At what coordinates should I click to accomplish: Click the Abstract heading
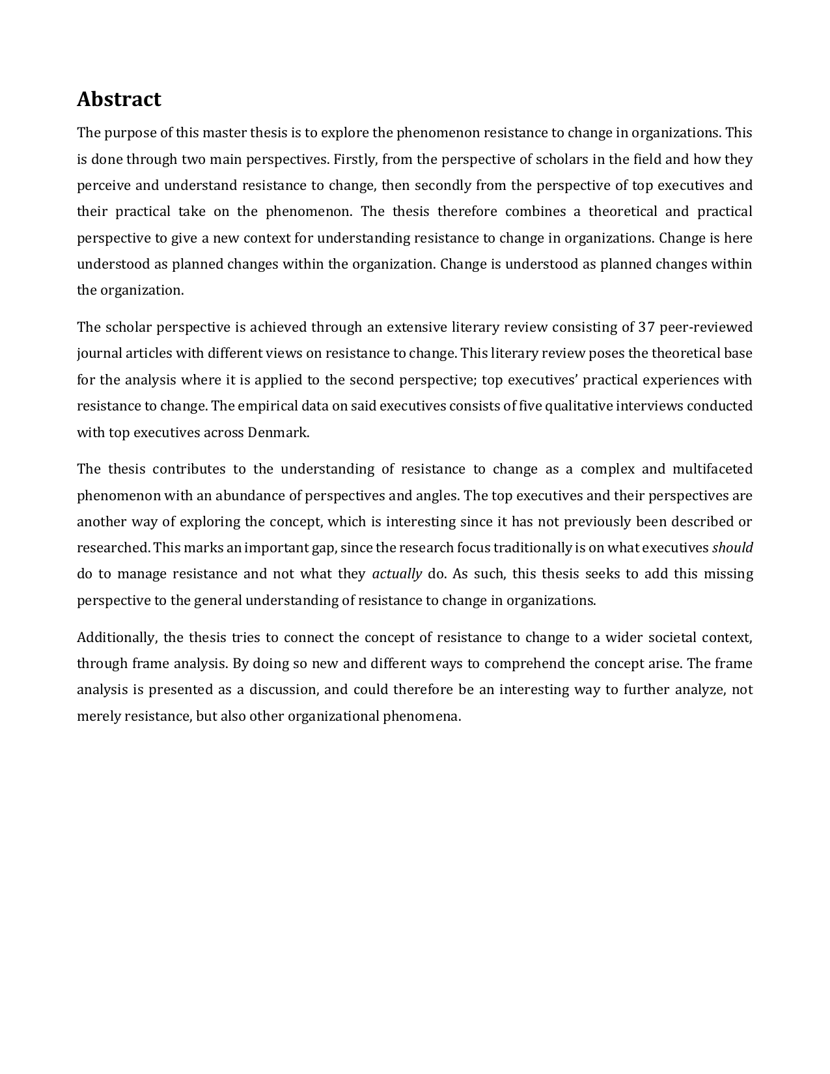[119, 100]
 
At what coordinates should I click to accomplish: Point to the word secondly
[443, 185]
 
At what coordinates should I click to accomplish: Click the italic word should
[732, 548]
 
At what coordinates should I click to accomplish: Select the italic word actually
[397, 574]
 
